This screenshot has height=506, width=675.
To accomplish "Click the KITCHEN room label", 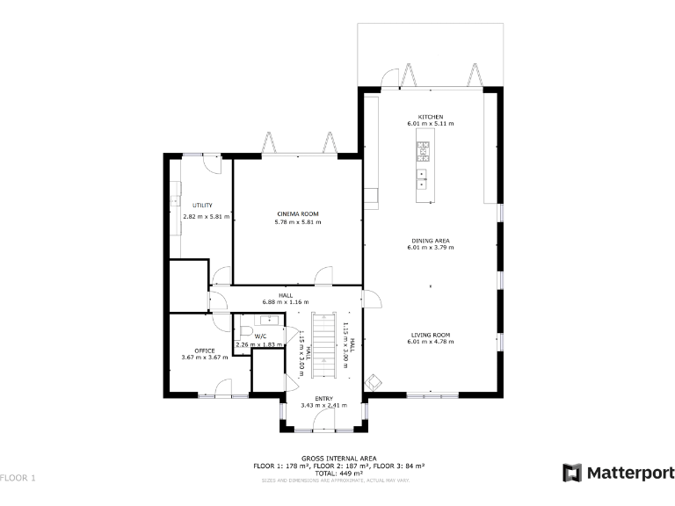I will pyautogui.click(x=430, y=117).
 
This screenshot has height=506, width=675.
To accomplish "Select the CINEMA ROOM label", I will pyautogui.click(x=297, y=214).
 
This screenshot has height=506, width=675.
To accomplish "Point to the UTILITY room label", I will pyautogui.click(x=202, y=206).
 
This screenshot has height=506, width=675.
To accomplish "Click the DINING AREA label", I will pyautogui.click(x=430, y=241).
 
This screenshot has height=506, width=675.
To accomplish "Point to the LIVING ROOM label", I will pyautogui.click(x=430, y=335).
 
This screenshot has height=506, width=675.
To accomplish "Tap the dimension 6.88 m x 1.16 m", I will pyautogui.click(x=286, y=302).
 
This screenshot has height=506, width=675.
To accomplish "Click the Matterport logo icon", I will pyautogui.click(x=572, y=473).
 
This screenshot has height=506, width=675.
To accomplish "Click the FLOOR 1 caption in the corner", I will pyautogui.click(x=18, y=478).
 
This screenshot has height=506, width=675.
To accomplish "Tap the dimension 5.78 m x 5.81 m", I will pyautogui.click(x=297, y=222).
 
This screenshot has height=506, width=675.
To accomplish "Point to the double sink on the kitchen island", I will pyautogui.click(x=423, y=179).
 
